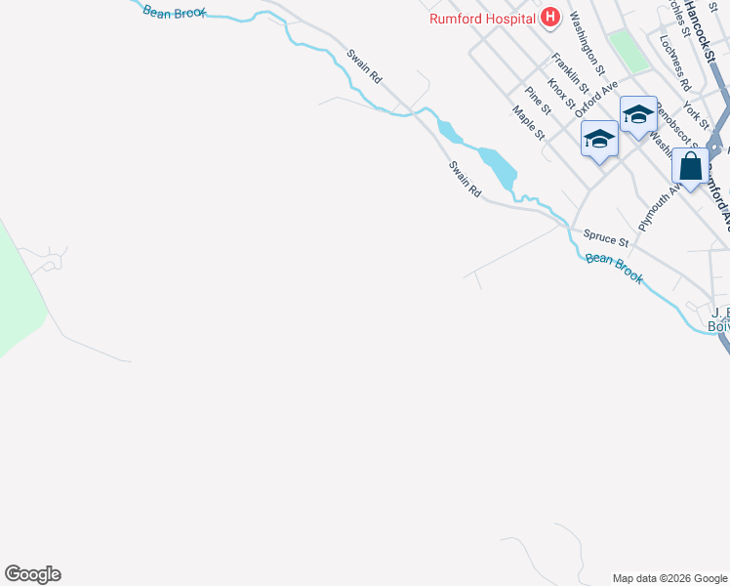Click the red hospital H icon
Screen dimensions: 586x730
pos(550,17)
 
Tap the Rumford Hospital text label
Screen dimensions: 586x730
pos(483,18)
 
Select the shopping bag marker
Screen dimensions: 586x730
pos(690,167)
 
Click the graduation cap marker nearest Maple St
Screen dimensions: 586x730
pos(598,140)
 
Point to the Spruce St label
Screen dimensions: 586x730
pos(606,236)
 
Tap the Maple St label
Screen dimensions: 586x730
pos(528,122)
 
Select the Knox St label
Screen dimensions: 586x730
pos(560,94)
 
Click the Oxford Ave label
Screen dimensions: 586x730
pos(597,99)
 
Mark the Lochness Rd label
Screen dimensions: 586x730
pos(674,63)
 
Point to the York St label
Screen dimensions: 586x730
pos(697,114)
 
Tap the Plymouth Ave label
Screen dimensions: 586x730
pos(653,207)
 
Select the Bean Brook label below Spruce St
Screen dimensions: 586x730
pos(615,269)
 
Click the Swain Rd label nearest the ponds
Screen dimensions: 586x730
pos(466,181)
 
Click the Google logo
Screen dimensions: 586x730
pos(33,574)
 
